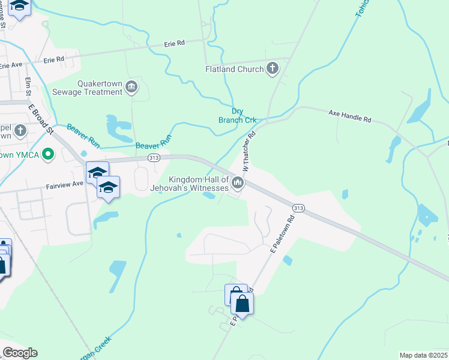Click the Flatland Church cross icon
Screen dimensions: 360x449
pyautogui.click(x=273, y=68)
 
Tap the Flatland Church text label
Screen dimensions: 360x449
pyautogui.click(x=234, y=69)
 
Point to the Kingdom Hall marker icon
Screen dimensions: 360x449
pyautogui.click(x=238, y=182)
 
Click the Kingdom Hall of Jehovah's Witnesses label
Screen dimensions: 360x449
pyautogui.click(x=198, y=184)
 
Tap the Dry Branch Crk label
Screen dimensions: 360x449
pyautogui.click(x=237, y=115)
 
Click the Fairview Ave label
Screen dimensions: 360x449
pyautogui.click(x=64, y=187)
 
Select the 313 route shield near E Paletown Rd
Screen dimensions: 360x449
pyautogui.click(x=298, y=208)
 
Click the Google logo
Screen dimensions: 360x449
pyautogui.click(x=20, y=353)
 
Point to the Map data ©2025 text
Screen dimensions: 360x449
pyautogui.click(x=423, y=355)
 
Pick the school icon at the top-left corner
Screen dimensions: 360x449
pyautogui.click(x=19, y=7)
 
